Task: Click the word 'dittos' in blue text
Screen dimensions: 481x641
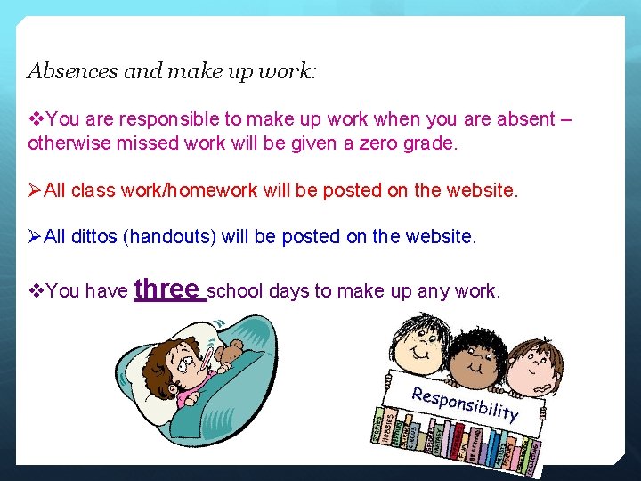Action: (94, 236)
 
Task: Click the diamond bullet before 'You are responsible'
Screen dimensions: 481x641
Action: (36, 119)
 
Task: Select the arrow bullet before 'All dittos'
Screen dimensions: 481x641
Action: (36, 236)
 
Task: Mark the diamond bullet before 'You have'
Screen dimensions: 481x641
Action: (36, 291)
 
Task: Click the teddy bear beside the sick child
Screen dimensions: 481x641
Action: (229, 355)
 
